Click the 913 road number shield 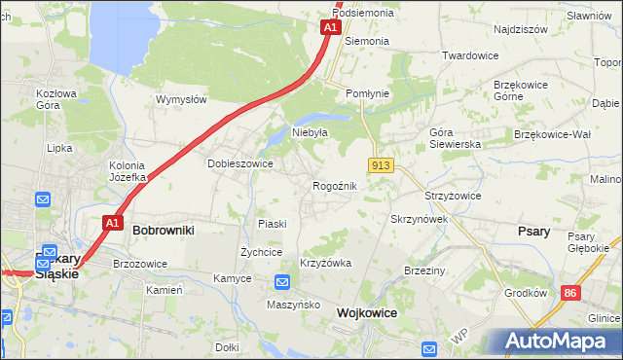click(x=381, y=166)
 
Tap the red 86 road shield click(x=570, y=292)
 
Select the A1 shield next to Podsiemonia click(x=330, y=28)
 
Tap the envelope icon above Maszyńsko click(x=281, y=283)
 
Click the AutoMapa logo click(x=553, y=342)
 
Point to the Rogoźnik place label click(x=335, y=186)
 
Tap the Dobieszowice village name click(x=239, y=164)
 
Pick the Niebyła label click(x=311, y=132)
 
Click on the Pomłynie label click(x=368, y=93)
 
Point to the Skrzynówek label click(x=419, y=220)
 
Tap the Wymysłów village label click(x=181, y=99)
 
